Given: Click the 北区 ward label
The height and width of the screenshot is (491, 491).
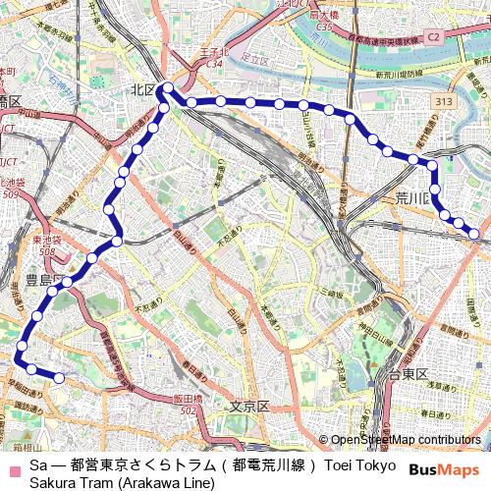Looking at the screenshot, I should click(x=143, y=89).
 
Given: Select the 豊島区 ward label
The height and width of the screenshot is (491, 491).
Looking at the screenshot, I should click(x=39, y=280).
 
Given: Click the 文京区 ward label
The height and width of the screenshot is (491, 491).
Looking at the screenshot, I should click(x=249, y=406).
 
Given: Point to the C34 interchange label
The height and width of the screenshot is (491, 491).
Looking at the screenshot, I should click(x=215, y=64).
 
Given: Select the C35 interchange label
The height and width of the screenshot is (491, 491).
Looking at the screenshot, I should click(x=323, y=27).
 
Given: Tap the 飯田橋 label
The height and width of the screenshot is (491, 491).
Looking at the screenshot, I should click(x=188, y=398).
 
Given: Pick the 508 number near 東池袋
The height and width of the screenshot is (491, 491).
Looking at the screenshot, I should click(x=46, y=251).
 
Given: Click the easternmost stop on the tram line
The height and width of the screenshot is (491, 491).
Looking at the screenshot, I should click(x=475, y=234).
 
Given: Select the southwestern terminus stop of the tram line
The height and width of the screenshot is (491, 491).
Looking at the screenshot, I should click(x=59, y=378).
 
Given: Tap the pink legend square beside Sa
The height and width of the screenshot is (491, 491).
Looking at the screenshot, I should click(x=14, y=464).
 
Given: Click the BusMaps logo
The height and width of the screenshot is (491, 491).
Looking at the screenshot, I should click(x=444, y=470).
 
